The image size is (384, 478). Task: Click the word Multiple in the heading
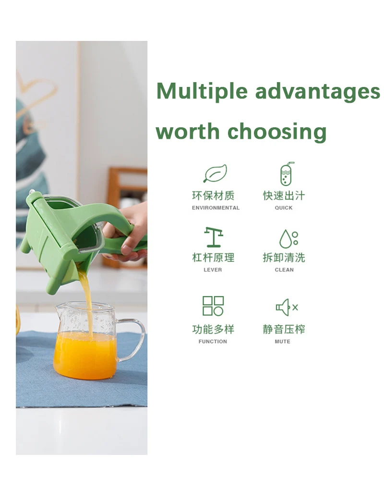(x=202, y=91)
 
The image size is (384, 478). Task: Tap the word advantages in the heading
(x=318, y=91)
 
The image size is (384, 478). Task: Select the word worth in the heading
(x=188, y=131)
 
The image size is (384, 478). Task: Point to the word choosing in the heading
(x=277, y=132)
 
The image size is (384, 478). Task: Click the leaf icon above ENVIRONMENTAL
(x=216, y=173)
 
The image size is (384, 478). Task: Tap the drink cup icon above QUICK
(x=286, y=174)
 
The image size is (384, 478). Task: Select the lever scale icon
(x=214, y=237)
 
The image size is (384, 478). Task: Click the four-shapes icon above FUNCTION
(x=213, y=306)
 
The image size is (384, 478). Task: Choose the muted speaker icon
(x=287, y=307)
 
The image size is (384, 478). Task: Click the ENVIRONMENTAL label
(x=216, y=208)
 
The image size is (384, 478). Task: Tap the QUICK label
(x=284, y=208)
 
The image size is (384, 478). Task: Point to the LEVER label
(x=213, y=270)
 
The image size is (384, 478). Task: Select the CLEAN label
(x=284, y=270)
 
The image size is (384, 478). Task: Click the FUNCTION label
(x=213, y=342)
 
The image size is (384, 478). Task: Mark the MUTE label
(x=282, y=342)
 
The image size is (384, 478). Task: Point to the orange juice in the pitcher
(x=84, y=355)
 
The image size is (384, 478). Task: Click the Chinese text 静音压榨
(x=284, y=329)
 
